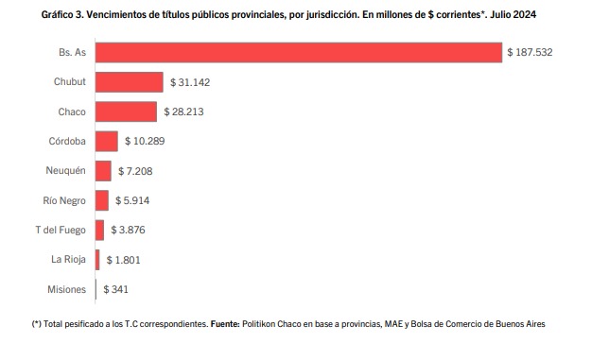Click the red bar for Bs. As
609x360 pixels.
299,52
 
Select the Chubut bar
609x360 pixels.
130,82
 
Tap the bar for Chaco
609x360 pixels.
126,111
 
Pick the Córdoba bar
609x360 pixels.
107,141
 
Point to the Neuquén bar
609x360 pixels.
103,171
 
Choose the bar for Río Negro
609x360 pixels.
102,200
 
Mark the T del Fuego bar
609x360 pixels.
100,230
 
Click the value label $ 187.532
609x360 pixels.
530,52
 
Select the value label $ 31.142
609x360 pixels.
190,82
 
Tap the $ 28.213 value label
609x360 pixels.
183,111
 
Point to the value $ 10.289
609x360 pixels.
145,141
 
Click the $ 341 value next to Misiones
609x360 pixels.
115,289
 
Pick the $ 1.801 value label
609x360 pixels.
124,260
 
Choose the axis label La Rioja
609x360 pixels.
68,260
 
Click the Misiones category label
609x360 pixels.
66,289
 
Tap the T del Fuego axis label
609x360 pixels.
61,230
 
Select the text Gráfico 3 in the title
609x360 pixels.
61,15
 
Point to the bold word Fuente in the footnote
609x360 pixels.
225,324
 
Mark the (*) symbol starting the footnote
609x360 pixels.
37,324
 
